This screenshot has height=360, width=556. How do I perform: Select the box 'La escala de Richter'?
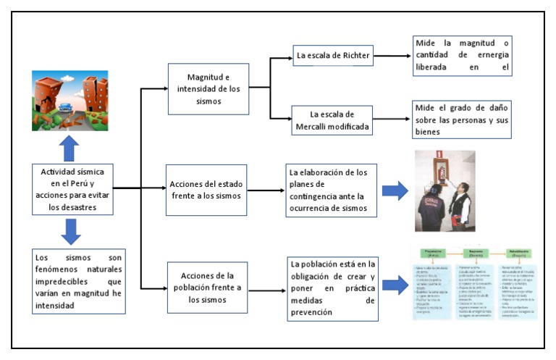pos(333,55)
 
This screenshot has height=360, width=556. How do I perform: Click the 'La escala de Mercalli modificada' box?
pos(334,121)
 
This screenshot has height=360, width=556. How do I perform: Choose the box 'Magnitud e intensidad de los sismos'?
pos(208,88)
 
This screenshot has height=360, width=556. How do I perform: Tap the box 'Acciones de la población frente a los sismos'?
pos(208,287)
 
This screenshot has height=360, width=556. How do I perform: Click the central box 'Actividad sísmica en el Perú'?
pos(72,190)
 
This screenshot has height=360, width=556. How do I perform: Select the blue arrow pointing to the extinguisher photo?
pos(395,191)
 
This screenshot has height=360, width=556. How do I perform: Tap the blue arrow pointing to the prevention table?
pos(395,284)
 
